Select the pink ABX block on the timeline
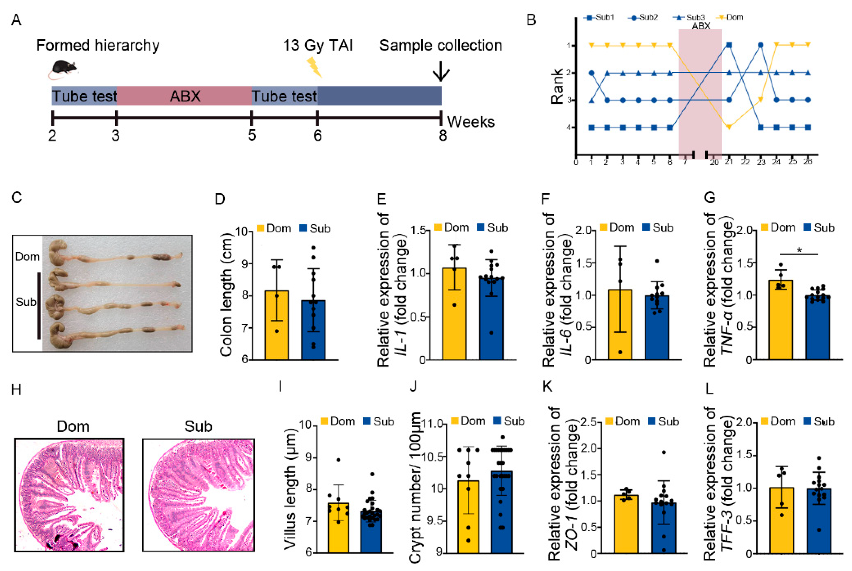(x=184, y=96)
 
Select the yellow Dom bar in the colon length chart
(x=276, y=325)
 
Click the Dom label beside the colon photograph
(x=27, y=257)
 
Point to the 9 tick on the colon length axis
(x=244, y=264)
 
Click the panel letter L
(x=709, y=389)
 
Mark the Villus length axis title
(x=290, y=488)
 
